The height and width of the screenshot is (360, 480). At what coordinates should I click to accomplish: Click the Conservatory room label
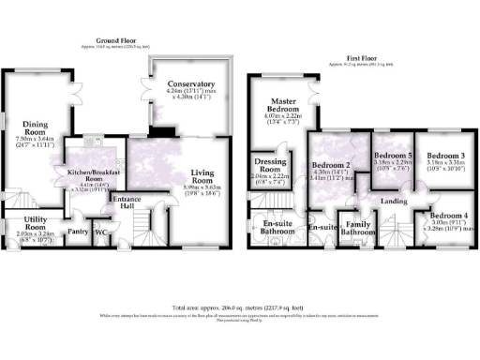pyautogui.click(x=191, y=85)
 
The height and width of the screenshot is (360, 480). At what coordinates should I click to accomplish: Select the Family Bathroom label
pyautogui.click(x=356, y=228)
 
